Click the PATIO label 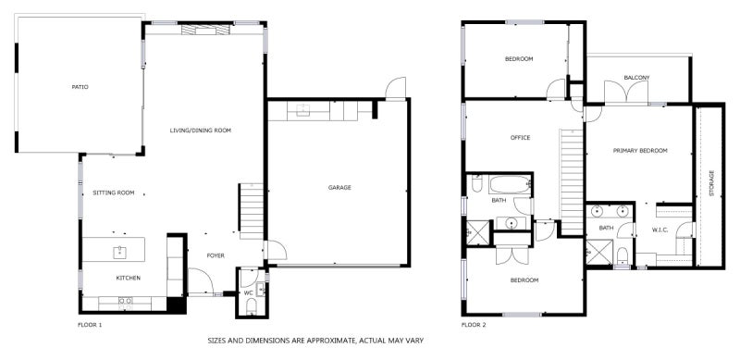(80, 87)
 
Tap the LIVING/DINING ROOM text (200, 130)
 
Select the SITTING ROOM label (114, 192)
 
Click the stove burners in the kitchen (126, 300)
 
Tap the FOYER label (215, 255)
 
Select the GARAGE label (339, 188)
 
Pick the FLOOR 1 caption (89, 325)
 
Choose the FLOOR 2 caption (475, 325)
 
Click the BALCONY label (636, 77)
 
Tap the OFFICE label (520, 138)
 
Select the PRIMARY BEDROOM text (640, 150)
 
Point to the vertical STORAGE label (711, 184)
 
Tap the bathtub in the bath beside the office (508, 183)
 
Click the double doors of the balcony (626, 93)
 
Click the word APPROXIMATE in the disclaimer (316, 341)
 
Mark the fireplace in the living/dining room (203, 30)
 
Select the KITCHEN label (128, 278)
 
